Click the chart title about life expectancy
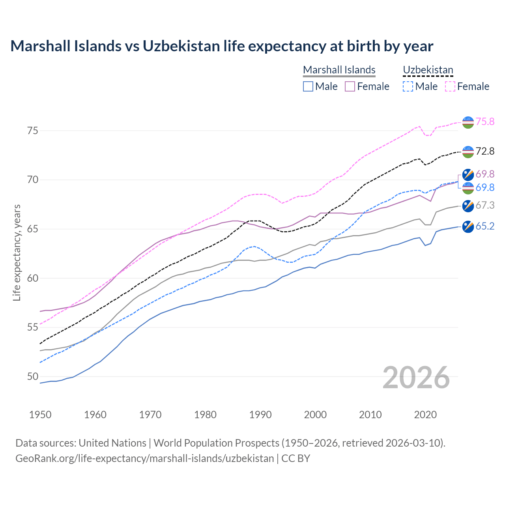[x=222, y=46]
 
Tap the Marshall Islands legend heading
[x=339, y=70]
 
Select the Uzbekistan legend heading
[x=428, y=70]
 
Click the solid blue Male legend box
[x=308, y=86]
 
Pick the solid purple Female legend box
[x=350, y=86]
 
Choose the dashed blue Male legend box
[x=408, y=86]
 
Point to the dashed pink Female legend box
[x=450, y=86]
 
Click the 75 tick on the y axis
[x=33, y=131]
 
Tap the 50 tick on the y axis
[x=33, y=376]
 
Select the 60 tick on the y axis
[x=33, y=278]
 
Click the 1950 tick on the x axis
[x=40, y=415]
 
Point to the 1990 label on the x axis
[x=260, y=415]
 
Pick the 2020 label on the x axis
[x=425, y=415]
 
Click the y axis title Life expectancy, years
[x=17, y=252]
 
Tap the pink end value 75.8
[x=485, y=122]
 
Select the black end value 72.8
[x=485, y=151]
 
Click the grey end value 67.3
[x=485, y=205]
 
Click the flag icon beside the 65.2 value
[x=468, y=226]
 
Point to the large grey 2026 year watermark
[x=416, y=378]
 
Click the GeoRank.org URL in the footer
[x=144, y=458]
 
